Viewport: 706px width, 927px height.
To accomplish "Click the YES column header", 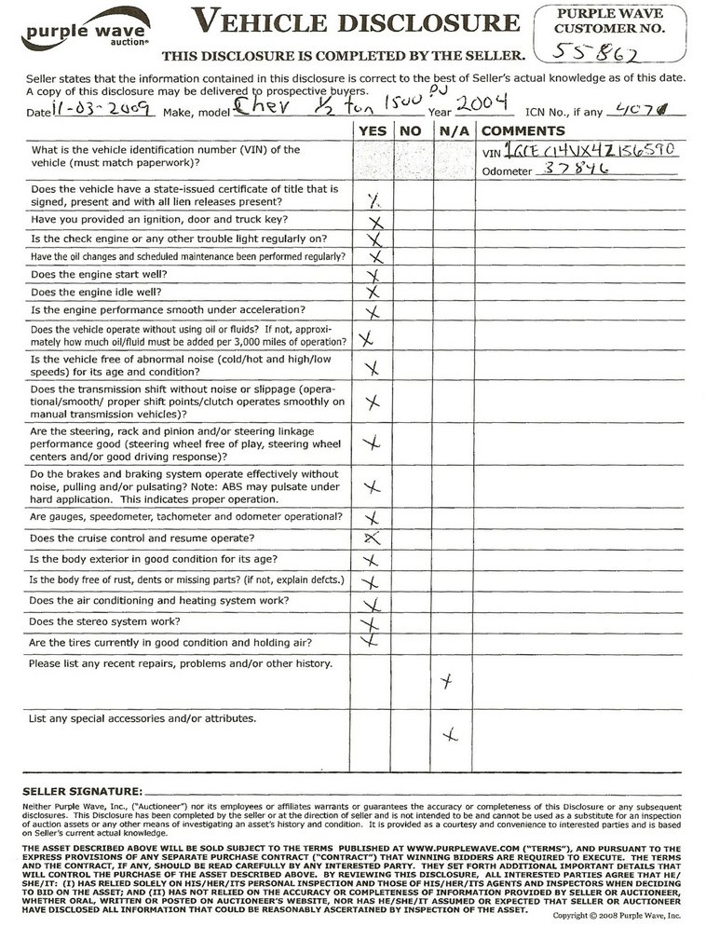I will click(x=373, y=131).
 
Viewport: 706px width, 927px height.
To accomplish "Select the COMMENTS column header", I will click(x=523, y=131).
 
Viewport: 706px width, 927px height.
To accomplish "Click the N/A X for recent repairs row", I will click(x=448, y=683).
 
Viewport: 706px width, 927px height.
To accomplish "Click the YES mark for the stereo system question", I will click(x=372, y=622).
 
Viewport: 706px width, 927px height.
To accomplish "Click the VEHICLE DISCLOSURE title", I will click(x=355, y=22).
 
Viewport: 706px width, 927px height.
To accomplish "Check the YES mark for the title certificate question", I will click(x=373, y=199).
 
